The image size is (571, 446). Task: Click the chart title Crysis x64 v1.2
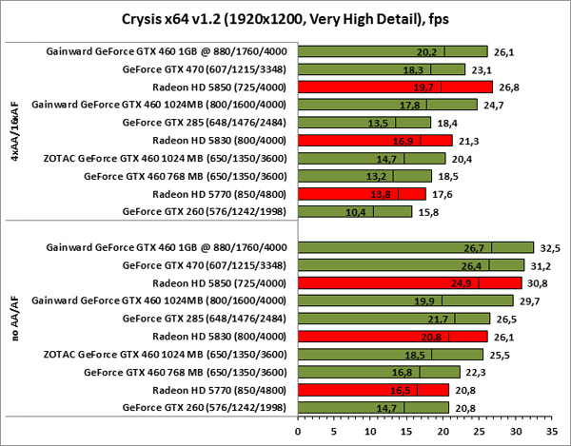tap(285, 18)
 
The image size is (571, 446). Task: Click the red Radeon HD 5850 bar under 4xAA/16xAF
tap(396, 87)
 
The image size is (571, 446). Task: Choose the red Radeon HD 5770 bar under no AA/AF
tap(373, 390)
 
